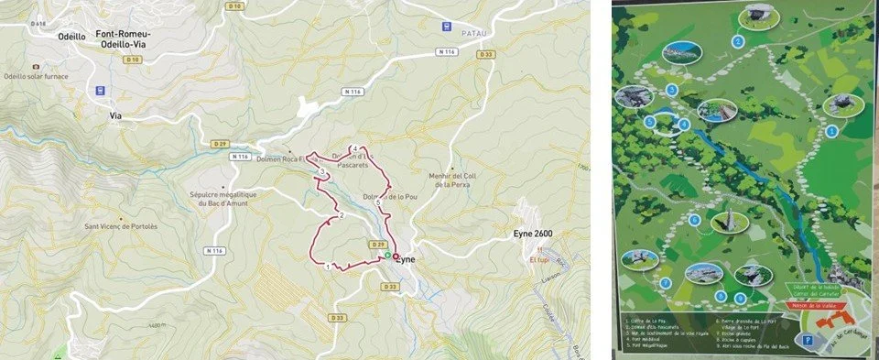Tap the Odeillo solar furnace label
pyautogui.click(x=44, y=77)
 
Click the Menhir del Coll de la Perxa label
pyautogui.click(x=454, y=180)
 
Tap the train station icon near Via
pyautogui.click(x=100, y=91)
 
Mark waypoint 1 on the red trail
pyautogui.click(x=328, y=267)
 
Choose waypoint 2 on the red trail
pyautogui.click(x=341, y=215)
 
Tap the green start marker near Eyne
pyautogui.click(x=387, y=255)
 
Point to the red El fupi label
pyautogui.click(x=539, y=260)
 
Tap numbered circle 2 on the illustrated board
pyautogui.click(x=737, y=41)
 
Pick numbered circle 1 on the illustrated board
pyautogui.click(x=831, y=131)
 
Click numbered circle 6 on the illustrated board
pyautogui.click(x=696, y=220)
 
